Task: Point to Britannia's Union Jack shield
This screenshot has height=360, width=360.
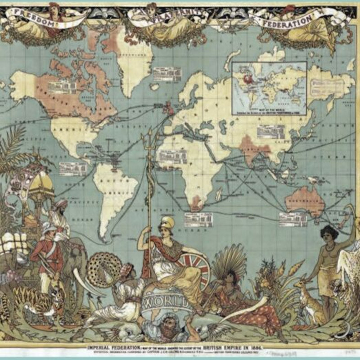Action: click(x=194, y=265)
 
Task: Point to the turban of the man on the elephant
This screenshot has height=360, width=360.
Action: click(x=60, y=204)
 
